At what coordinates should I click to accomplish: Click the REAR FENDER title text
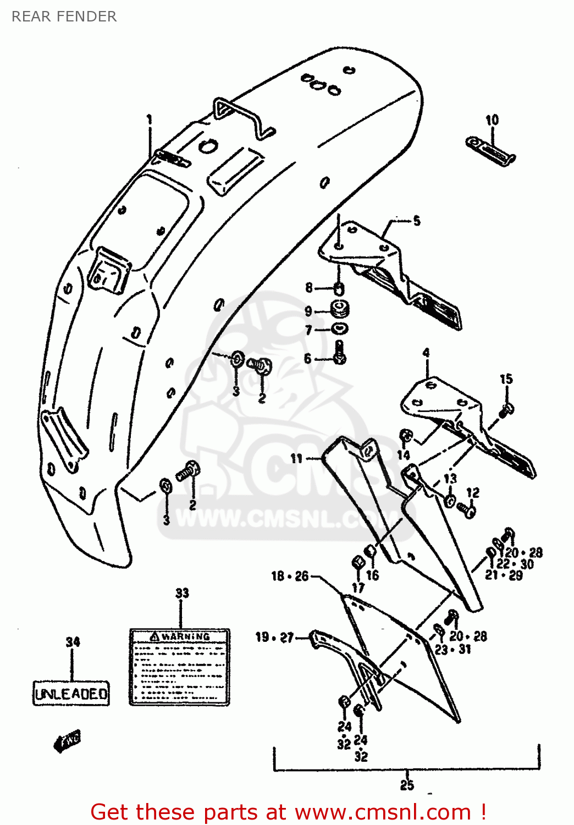64,16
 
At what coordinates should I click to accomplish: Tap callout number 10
492,120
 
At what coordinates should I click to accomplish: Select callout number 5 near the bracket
417,221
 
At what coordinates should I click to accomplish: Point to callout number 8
309,288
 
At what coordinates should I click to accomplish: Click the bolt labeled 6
340,353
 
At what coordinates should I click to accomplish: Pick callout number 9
308,311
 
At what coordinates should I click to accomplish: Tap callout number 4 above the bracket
426,353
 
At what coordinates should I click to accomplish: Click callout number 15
506,379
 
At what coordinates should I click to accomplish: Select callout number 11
296,458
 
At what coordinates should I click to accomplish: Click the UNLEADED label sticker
71,694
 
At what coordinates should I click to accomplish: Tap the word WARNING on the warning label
185,637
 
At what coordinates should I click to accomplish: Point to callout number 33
182,593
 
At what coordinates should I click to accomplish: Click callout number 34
73,642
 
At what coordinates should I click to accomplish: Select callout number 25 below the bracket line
407,785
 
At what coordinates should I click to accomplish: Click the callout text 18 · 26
290,576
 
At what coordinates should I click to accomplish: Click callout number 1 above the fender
149,120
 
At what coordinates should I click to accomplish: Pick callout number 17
358,587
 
